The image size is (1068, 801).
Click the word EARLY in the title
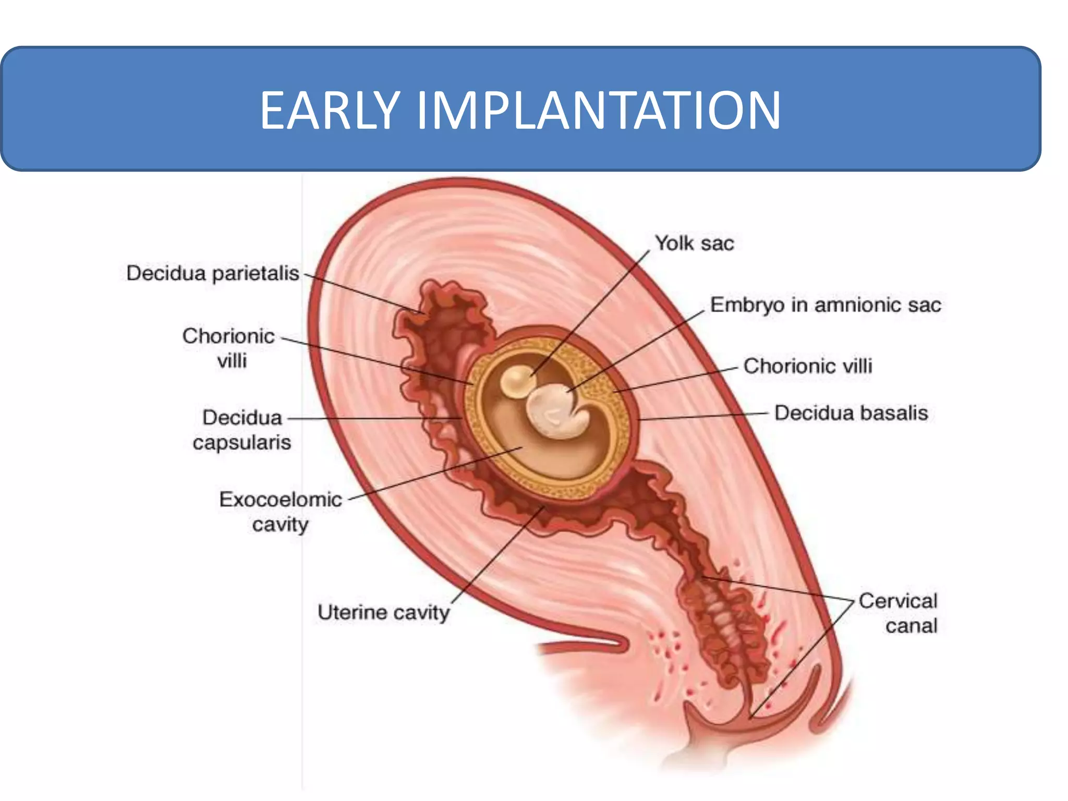pos(330,110)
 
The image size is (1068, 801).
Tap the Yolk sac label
pos(694,244)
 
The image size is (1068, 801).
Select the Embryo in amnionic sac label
pos(826,305)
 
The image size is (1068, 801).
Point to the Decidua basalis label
pos(851,413)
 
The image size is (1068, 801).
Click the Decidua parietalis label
pos(213,273)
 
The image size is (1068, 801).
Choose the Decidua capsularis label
pos(242,430)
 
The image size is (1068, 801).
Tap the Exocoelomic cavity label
pos(281,512)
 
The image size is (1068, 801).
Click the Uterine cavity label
pos(383,612)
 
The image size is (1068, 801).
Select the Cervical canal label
pos(898,613)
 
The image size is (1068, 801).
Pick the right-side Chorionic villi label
pos(808,366)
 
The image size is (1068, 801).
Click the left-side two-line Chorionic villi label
pos(228,348)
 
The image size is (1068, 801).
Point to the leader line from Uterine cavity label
pos(495,558)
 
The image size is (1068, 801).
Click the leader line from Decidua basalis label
pos(704,416)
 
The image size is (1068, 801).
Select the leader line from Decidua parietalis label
pos(365,295)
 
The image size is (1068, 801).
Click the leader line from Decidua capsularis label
pos(375,418)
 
